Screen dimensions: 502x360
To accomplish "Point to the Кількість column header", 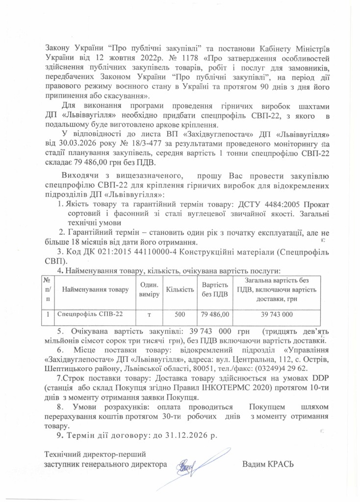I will (x=180, y=290).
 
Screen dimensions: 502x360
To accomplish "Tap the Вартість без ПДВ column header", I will (x=215, y=290).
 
